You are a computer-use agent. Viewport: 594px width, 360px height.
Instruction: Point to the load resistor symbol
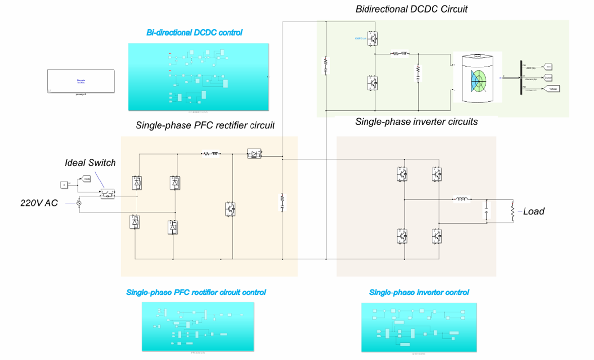point(512,211)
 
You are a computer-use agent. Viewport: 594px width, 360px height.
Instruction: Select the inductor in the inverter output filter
point(461,200)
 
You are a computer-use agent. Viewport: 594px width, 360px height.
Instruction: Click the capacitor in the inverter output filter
point(487,211)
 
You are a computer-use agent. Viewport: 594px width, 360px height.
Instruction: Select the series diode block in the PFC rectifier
point(254,154)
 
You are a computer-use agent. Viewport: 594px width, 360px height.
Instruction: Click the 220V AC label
point(39,202)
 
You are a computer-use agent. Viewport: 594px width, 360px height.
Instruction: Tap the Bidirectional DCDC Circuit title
point(411,9)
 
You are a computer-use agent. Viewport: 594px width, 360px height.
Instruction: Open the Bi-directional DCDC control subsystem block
point(198,76)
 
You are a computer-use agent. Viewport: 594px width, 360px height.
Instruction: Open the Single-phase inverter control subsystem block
point(418,327)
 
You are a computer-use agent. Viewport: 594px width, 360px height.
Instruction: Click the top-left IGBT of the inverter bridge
point(402,174)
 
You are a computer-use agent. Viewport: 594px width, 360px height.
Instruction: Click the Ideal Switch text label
point(90,162)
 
